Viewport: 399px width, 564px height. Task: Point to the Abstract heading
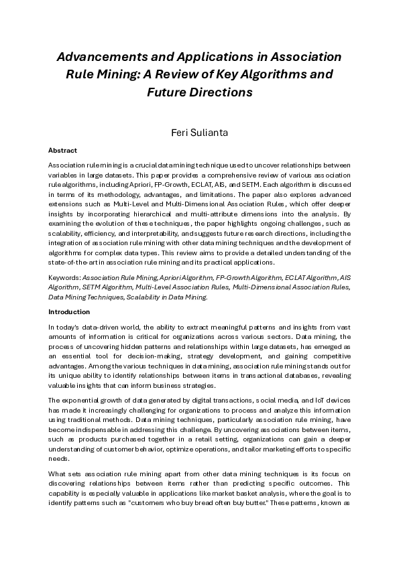62,151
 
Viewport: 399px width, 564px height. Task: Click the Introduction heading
68,312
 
